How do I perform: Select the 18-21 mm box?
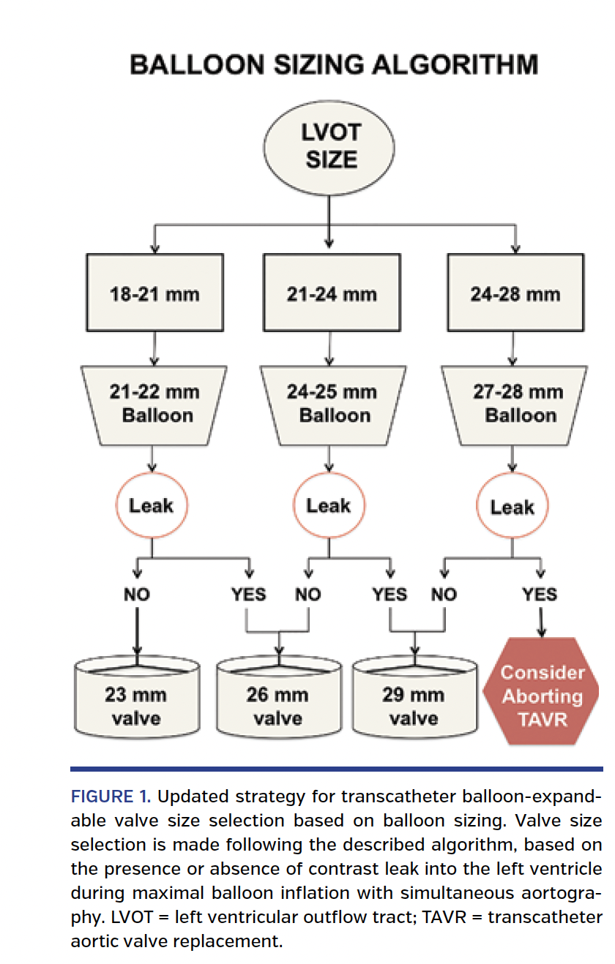pyautogui.click(x=154, y=295)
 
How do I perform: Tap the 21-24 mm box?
pyautogui.click(x=331, y=295)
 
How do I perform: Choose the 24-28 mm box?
pyautogui.click(x=515, y=295)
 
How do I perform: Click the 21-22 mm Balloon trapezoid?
pyautogui.click(x=154, y=404)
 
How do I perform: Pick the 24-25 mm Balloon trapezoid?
pyautogui.click(x=330, y=404)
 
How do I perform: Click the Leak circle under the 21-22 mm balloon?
pyautogui.click(x=151, y=505)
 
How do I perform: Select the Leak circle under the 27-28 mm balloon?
pyautogui.click(x=512, y=507)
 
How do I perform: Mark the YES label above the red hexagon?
pyautogui.click(x=540, y=595)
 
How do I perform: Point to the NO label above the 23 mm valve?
pyautogui.click(x=137, y=595)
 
